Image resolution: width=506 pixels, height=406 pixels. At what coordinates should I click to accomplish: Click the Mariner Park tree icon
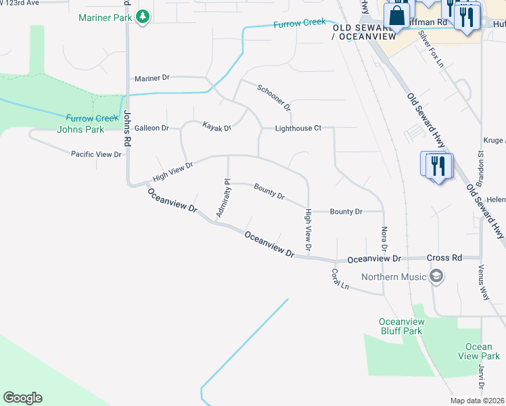[x=143, y=17]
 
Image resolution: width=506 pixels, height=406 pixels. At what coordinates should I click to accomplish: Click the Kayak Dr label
[x=217, y=127]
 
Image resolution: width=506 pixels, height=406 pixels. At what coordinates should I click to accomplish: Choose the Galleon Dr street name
[x=152, y=128]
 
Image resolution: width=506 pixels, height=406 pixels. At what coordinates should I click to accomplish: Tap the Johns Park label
[x=80, y=129]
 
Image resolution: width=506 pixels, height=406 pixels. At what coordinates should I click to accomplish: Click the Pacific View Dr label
[x=96, y=154]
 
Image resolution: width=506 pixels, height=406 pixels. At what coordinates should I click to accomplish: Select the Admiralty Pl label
[x=223, y=199]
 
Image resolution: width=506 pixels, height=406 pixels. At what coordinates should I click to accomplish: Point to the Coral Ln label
[x=340, y=279]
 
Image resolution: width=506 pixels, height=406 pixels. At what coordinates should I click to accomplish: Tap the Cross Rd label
[x=444, y=258]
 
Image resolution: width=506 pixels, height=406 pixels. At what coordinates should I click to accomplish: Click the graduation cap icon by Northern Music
[x=436, y=276]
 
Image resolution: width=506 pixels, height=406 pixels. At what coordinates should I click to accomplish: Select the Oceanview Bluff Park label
[x=400, y=326]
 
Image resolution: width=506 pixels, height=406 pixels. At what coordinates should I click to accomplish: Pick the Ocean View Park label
[x=478, y=351]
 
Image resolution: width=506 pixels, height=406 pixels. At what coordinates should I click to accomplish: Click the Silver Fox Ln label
[x=430, y=49]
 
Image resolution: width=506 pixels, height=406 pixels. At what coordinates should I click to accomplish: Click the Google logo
[x=22, y=398]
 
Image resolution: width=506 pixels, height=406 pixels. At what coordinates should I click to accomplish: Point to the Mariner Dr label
[x=152, y=78]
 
